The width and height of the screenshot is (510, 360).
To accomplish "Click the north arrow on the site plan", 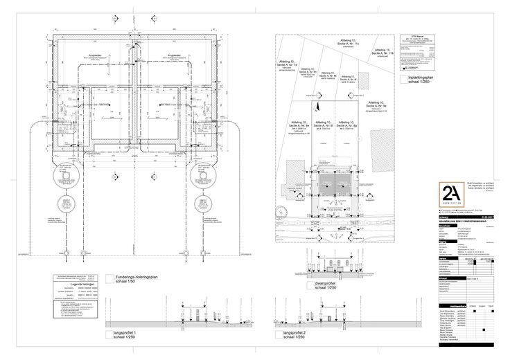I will click(x=319, y=107).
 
